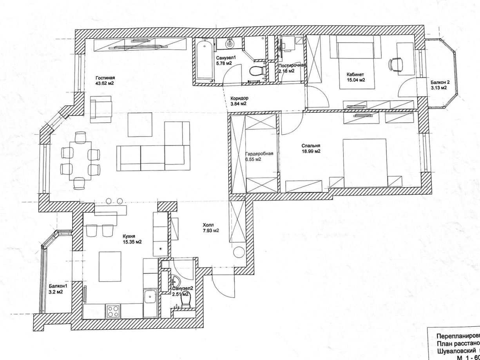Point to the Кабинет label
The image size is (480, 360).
pyautogui.click(x=355, y=74)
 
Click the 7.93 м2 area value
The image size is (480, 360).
pyautogui.click(x=211, y=231)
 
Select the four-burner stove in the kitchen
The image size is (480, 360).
pyautogui.click(x=114, y=311)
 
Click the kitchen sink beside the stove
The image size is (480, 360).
pyautogui.click(x=150, y=299)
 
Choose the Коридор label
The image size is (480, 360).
pyautogui.click(x=240, y=98)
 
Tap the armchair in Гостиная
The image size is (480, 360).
pyautogui.click(x=101, y=110)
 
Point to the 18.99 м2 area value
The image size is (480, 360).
pyautogui.click(x=311, y=151)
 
